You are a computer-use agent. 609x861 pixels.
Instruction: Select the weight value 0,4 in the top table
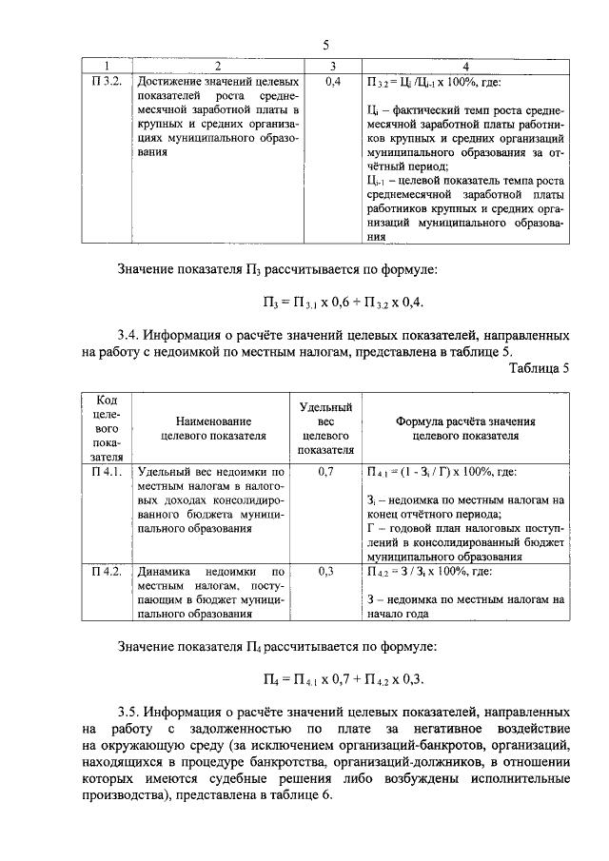[333, 82]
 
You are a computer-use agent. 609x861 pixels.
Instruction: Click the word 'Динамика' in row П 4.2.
[167, 573]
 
